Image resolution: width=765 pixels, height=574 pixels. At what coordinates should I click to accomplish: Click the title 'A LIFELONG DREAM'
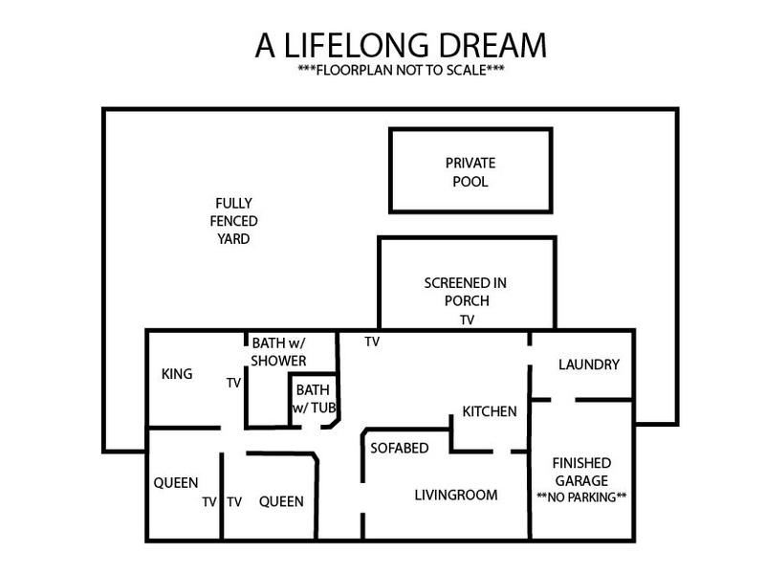[401, 45]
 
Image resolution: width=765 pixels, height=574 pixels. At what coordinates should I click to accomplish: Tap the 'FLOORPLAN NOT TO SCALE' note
[401, 70]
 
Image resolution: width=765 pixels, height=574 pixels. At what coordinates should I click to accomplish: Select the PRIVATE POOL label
[470, 172]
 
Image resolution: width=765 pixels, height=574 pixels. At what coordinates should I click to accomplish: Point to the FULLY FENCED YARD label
[233, 221]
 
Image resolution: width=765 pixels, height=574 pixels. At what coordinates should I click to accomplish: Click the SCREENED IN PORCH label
[466, 292]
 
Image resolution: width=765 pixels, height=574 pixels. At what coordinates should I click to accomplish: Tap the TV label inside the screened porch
[467, 320]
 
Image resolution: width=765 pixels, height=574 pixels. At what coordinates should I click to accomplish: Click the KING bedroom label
[177, 374]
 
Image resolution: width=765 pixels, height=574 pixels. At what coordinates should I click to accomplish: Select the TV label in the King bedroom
[233, 384]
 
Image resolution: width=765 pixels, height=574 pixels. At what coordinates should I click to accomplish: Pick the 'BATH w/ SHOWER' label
[278, 351]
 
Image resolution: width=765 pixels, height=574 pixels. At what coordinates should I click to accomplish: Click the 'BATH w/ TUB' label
[315, 398]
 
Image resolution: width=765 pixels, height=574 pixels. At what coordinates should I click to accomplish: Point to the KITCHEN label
[490, 411]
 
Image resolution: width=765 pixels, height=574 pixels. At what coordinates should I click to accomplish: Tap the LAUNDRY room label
[589, 364]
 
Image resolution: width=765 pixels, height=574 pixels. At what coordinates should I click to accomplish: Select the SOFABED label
[400, 448]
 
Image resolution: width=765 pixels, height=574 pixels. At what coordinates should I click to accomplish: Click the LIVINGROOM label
[456, 495]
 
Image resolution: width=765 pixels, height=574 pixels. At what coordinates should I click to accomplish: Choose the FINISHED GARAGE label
[581, 472]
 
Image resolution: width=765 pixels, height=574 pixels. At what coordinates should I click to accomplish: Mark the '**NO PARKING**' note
[581, 497]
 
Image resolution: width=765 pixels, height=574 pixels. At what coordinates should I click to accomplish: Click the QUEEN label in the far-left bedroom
[176, 483]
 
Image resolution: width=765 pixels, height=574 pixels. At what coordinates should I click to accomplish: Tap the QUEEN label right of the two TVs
[281, 501]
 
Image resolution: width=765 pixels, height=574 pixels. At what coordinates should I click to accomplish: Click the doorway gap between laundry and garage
[563, 400]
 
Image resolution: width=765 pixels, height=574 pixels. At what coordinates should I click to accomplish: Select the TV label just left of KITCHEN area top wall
[372, 342]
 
